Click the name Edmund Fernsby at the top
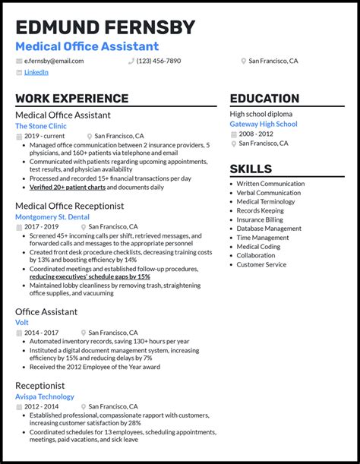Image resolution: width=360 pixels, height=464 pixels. pos(105,27)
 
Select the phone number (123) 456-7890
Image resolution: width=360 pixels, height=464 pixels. pos(158,61)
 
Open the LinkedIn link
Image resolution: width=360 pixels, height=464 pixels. pos(36,72)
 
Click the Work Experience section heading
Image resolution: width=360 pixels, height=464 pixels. pos(71,99)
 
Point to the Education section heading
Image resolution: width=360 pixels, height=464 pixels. pos(264,99)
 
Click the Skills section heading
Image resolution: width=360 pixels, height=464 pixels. pos(251,169)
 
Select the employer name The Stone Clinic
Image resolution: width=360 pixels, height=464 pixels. pos(41,126)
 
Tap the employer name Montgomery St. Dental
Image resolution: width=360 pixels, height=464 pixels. pos(52,216)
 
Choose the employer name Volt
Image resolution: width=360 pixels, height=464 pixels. pos(22,322)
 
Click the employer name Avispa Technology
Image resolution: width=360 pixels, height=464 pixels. pos(45,396)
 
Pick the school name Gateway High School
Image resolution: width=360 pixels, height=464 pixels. pos(264,124)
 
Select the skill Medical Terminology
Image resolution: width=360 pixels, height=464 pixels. pos(266,201)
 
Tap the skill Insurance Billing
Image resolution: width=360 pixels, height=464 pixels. pos(260,219)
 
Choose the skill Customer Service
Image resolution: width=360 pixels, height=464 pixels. pos(261,264)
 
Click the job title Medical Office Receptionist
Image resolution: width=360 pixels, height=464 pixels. pos(69,206)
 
